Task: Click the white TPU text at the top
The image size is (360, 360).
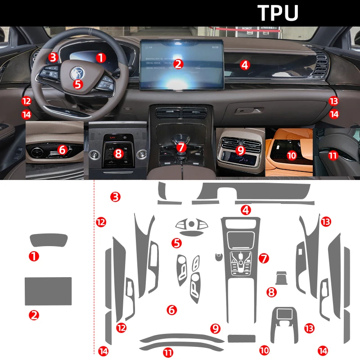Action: point(278,13)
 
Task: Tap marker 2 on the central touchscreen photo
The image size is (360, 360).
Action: point(179,64)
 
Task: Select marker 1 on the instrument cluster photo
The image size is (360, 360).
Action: point(101,58)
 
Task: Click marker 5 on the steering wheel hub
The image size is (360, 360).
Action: point(77,83)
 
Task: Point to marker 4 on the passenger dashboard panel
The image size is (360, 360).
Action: point(244,65)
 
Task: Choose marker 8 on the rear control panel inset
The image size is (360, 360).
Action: point(118,153)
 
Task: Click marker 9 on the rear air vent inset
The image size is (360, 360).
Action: point(240,150)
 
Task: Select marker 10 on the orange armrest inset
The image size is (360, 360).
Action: point(292,155)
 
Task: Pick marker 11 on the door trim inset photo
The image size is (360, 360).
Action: point(333,155)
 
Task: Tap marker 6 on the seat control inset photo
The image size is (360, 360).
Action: point(62,148)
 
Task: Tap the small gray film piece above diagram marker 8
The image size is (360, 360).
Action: point(281,278)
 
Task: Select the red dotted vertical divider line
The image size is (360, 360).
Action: point(93,270)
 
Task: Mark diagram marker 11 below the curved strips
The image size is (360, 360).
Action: point(168,353)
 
